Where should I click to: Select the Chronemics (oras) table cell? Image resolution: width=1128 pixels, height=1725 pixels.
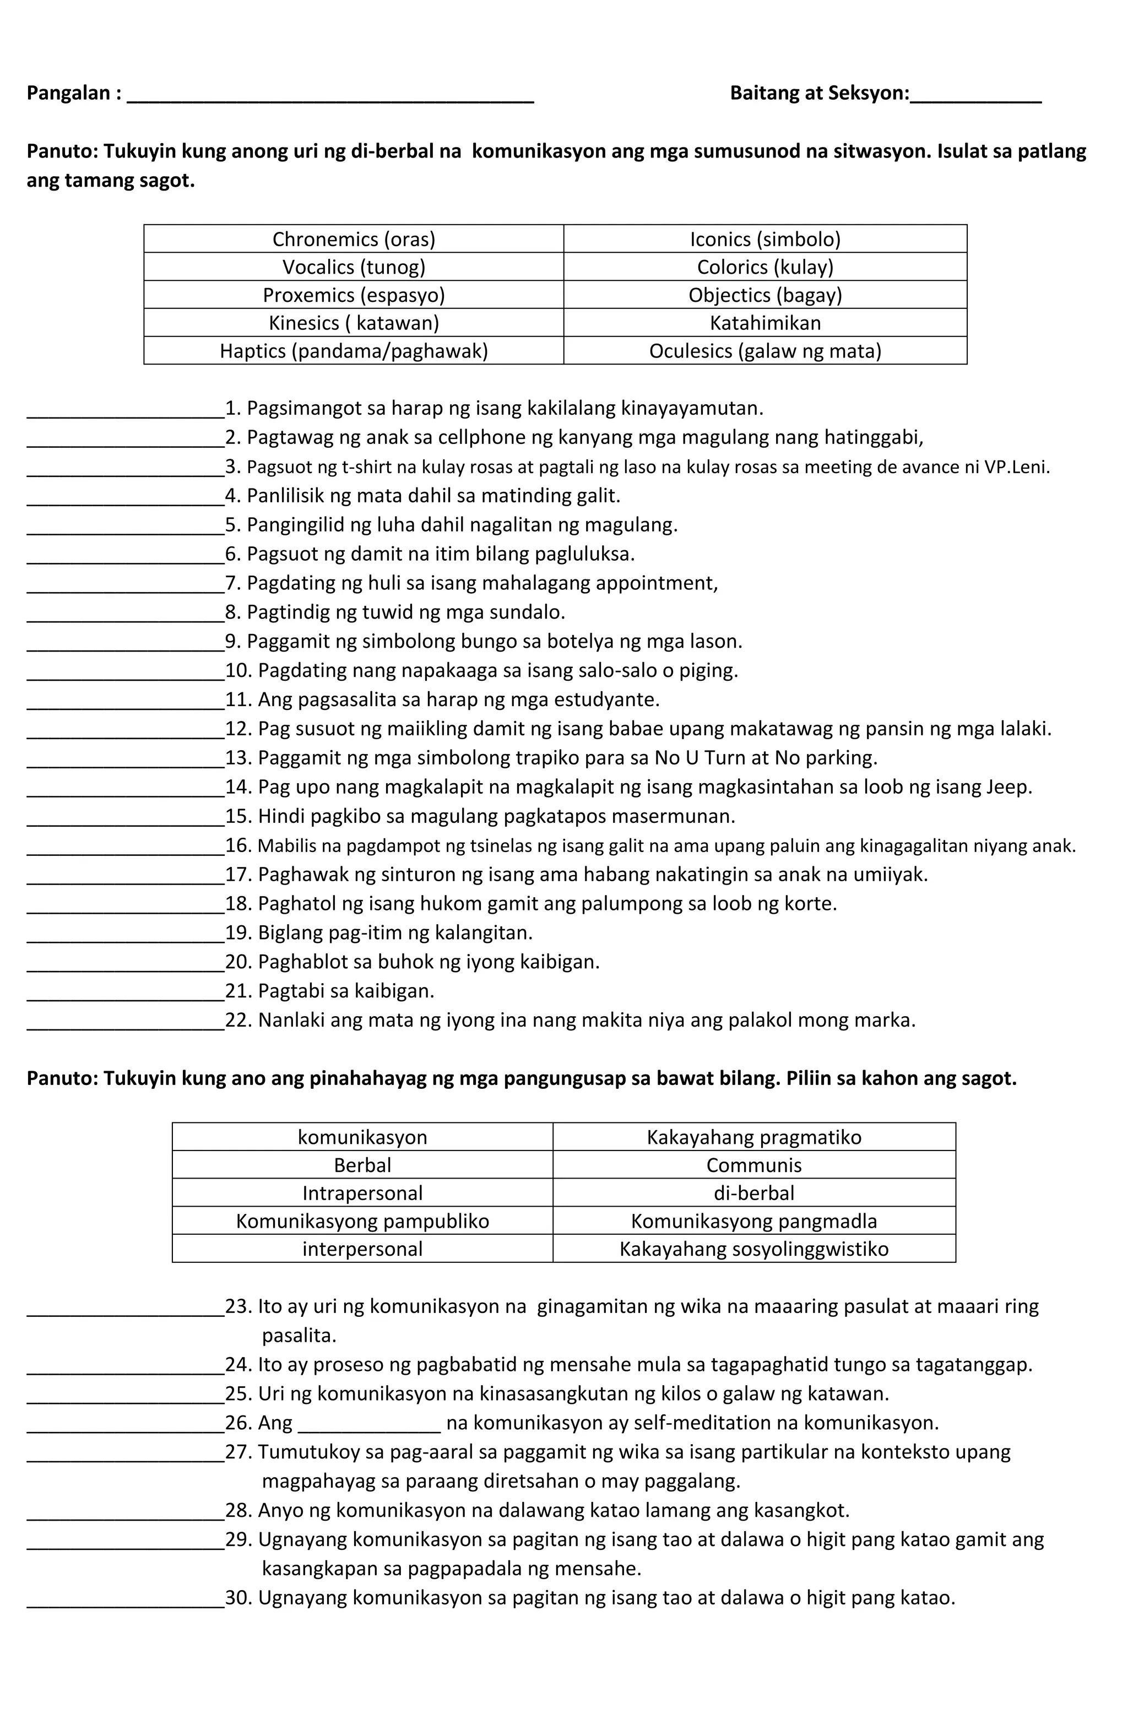(353, 239)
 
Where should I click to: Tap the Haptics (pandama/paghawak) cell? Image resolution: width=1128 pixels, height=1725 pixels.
(353, 351)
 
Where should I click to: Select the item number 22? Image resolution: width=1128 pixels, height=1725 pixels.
(236, 1020)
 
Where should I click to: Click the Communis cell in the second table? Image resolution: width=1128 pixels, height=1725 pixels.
(753, 1165)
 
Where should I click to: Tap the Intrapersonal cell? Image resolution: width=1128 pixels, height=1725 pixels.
(362, 1193)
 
